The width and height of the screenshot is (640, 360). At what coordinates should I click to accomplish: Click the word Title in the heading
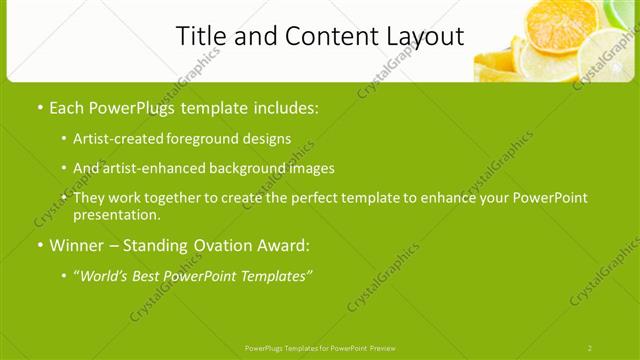tap(199, 37)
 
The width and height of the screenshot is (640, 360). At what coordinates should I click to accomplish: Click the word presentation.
tap(116, 215)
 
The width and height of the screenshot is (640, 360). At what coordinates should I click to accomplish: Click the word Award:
tap(284, 244)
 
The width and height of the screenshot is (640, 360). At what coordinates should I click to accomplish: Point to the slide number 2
tap(590, 348)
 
